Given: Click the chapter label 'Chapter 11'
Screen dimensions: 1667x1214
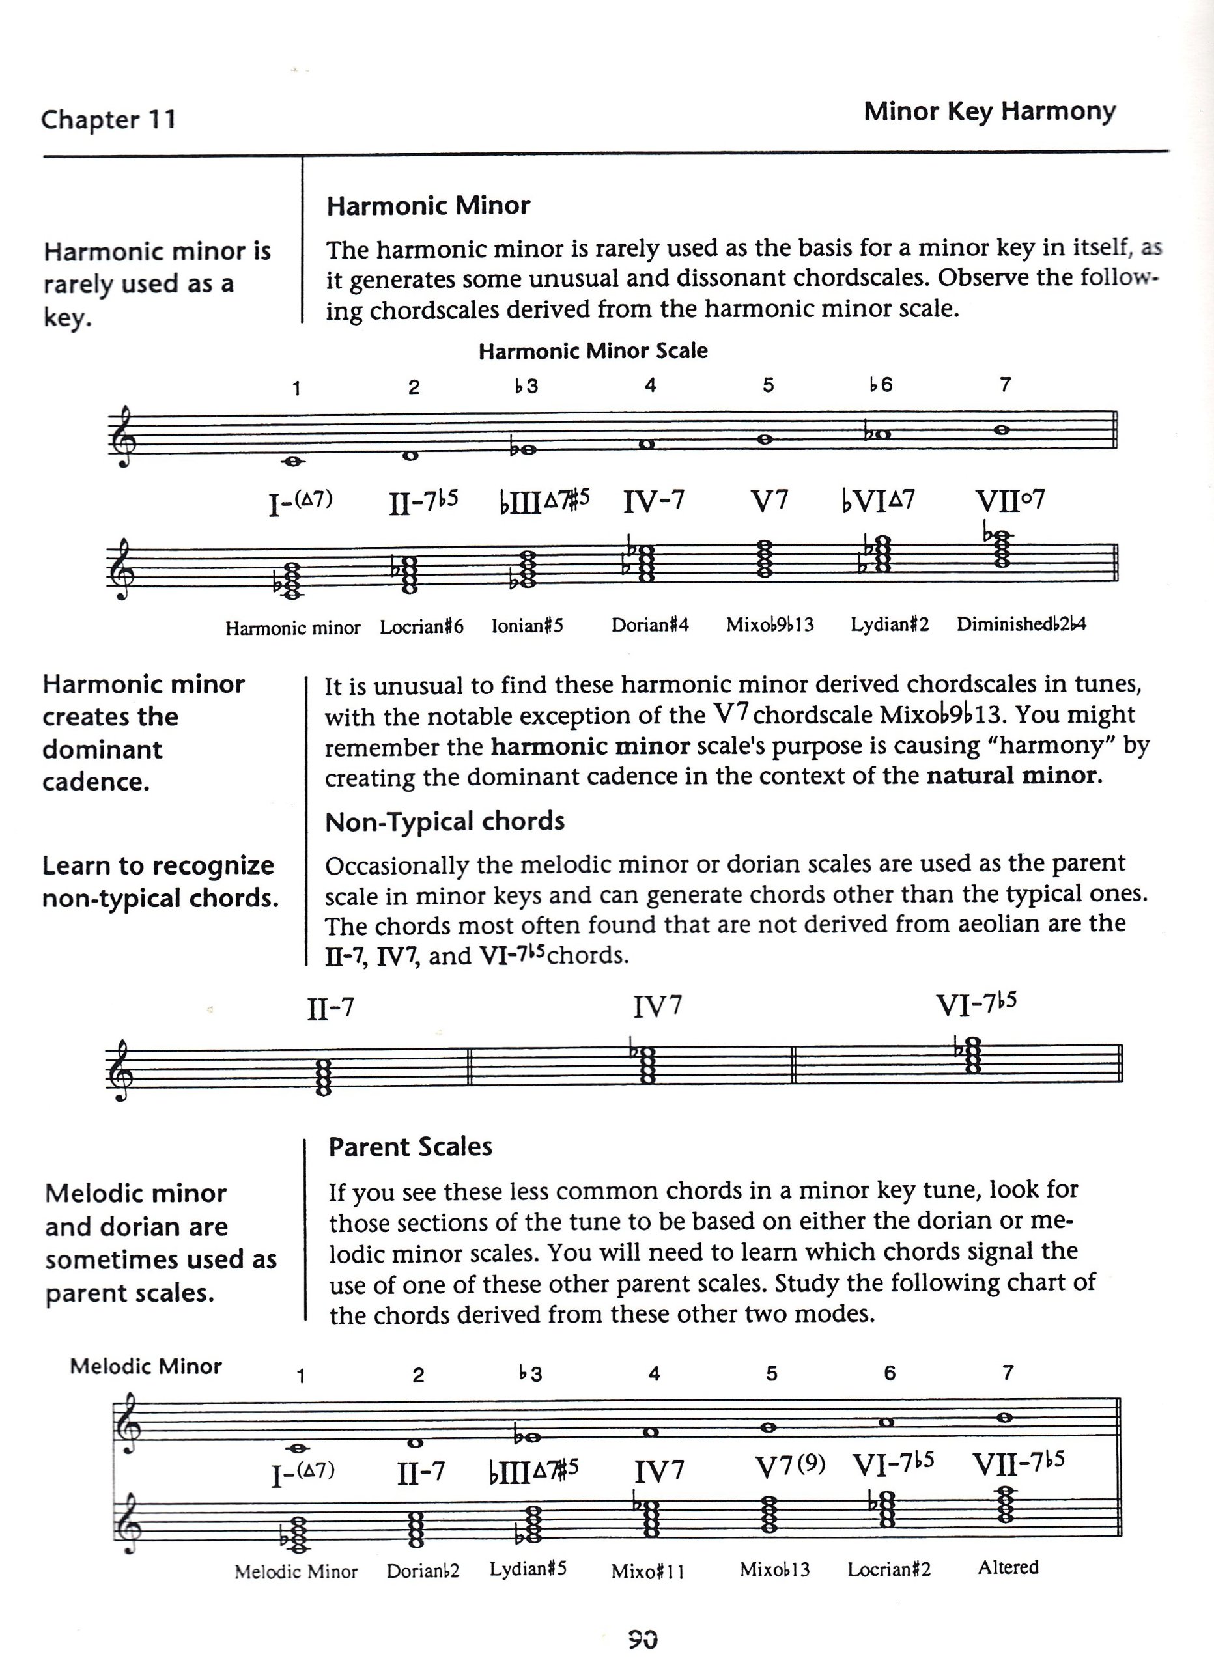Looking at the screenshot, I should point(109,119).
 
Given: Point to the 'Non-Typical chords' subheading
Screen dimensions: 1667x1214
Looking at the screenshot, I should point(445,821).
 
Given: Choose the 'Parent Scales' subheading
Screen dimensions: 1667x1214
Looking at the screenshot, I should point(410,1147).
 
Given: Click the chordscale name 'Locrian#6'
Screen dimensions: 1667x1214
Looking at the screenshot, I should point(421,627).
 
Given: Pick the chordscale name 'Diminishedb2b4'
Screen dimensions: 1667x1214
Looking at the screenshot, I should point(1021,624).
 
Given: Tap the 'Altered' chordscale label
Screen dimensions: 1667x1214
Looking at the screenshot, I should point(1008,1566).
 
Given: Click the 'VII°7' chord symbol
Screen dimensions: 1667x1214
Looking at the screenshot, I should point(1009,501).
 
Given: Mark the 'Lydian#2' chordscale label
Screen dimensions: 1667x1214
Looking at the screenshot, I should point(890,624).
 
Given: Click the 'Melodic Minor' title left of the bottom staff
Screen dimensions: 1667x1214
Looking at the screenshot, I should point(146,1366).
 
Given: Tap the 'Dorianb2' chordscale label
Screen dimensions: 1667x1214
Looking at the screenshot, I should point(423,1571).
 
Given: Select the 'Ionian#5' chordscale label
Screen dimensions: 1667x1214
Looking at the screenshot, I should point(528,626).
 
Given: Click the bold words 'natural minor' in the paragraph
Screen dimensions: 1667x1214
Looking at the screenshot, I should point(1014,776).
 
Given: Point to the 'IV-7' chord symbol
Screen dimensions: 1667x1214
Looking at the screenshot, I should point(654,501).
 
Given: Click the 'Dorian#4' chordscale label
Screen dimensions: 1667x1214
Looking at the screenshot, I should point(650,624).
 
